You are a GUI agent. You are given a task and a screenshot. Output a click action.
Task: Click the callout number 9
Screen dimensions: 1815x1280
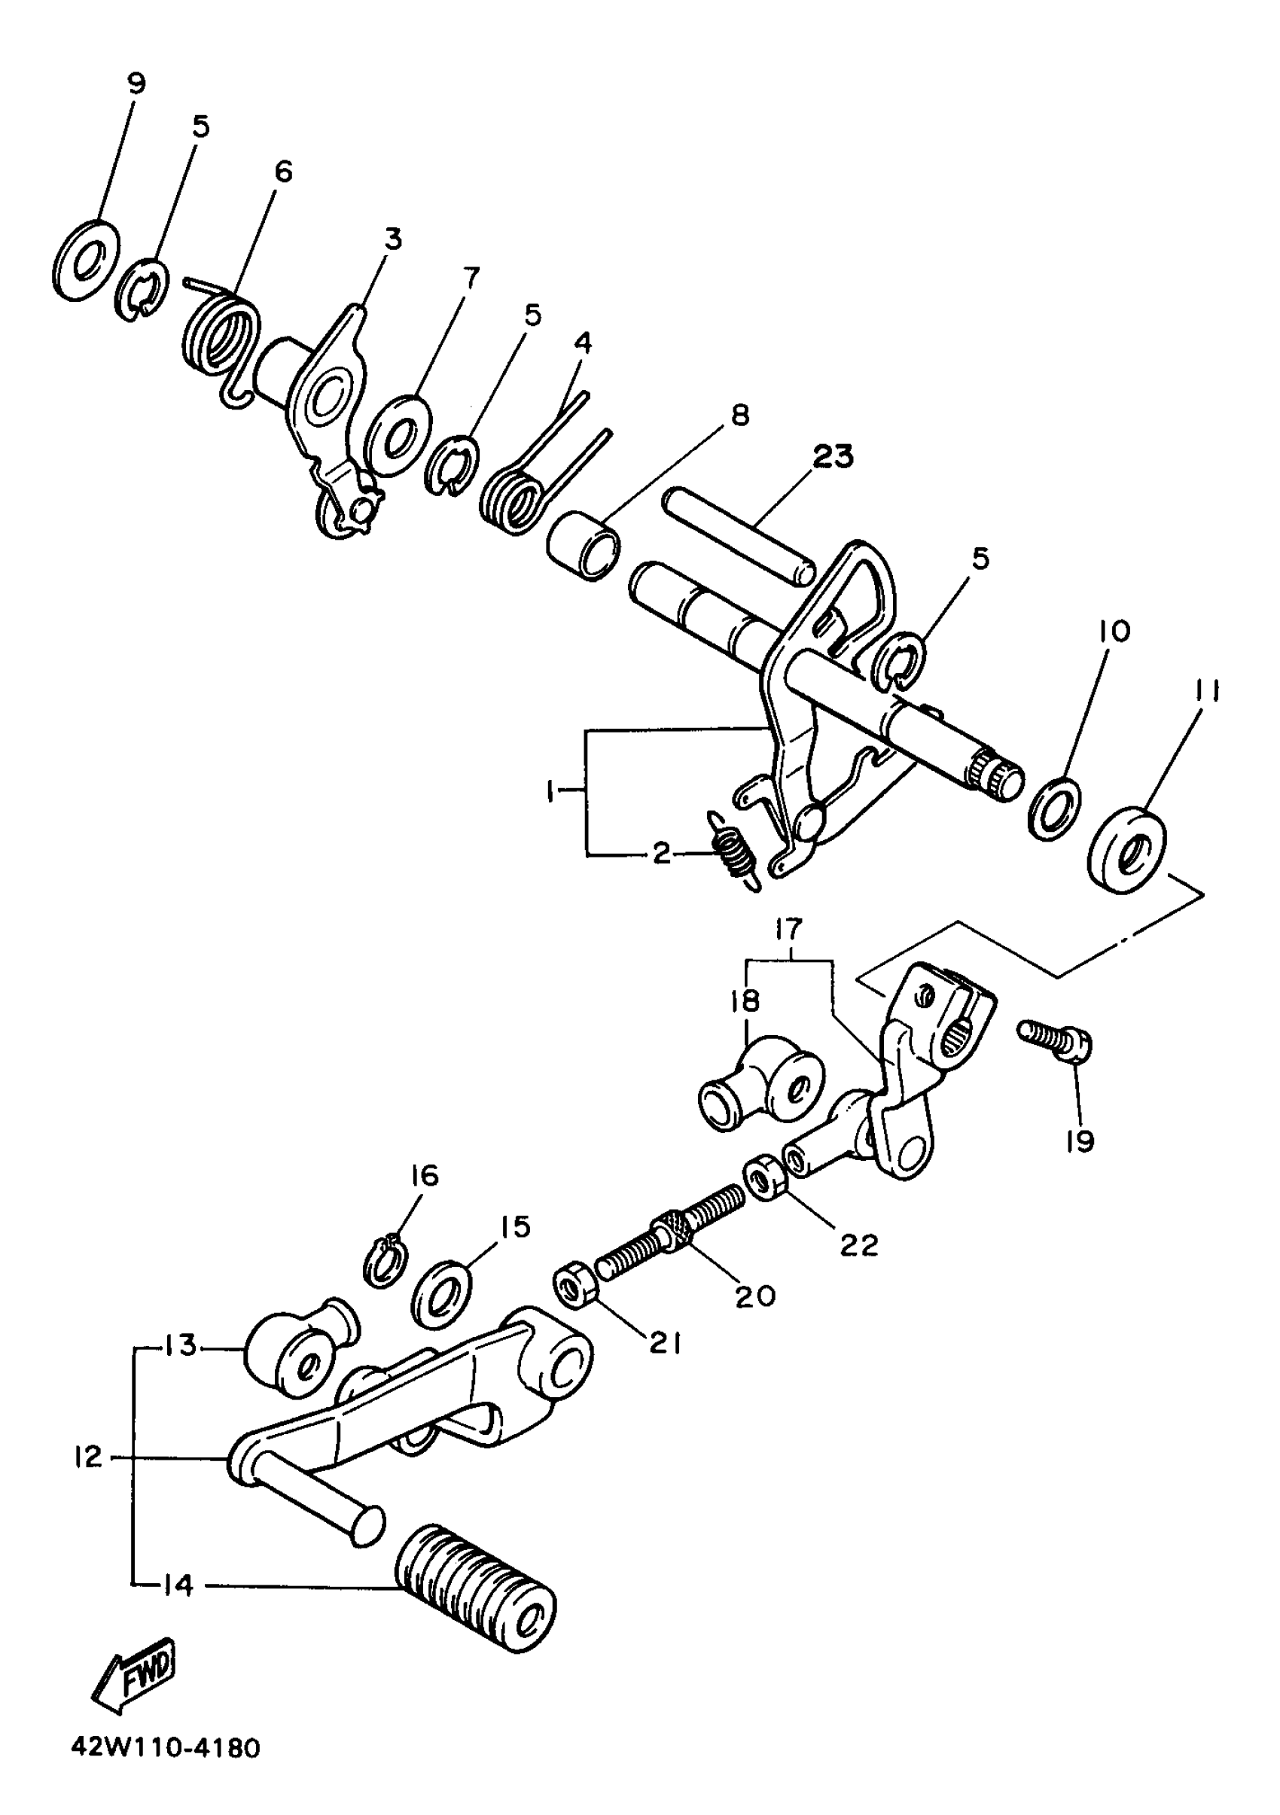pyautogui.click(x=137, y=83)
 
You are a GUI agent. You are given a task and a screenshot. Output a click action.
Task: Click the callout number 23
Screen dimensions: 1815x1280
pyautogui.click(x=834, y=456)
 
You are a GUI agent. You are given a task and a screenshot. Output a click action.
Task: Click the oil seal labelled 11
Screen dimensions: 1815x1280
pyautogui.click(x=1126, y=850)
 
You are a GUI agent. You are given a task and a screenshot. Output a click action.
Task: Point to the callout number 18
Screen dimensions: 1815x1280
pyautogui.click(x=745, y=1001)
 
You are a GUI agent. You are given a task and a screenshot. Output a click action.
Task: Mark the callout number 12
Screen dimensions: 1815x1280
pyautogui.click(x=88, y=1456)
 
